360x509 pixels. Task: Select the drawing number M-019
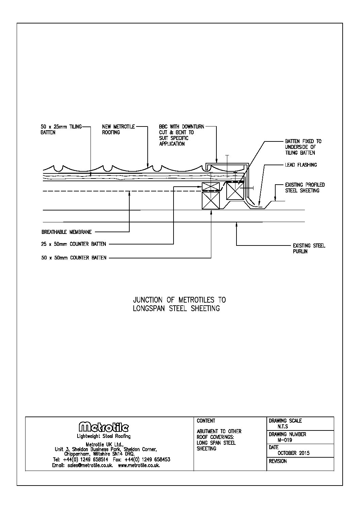click(x=285, y=440)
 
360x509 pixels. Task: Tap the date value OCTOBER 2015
click(x=294, y=453)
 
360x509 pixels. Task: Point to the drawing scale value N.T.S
click(x=283, y=426)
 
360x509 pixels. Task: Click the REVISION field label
click(x=278, y=461)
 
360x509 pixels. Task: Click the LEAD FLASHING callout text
click(x=301, y=165)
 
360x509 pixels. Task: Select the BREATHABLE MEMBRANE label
click(x=67, y=233)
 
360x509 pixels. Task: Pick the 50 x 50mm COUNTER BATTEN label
click(x=74, y=258)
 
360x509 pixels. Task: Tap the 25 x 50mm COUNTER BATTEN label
click(x=74, y=244)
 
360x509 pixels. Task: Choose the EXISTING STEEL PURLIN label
click(x=309, y=249)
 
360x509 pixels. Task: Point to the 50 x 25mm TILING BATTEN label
click(x=61, y=130)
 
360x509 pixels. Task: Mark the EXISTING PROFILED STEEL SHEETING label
click(x=305, y=188)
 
